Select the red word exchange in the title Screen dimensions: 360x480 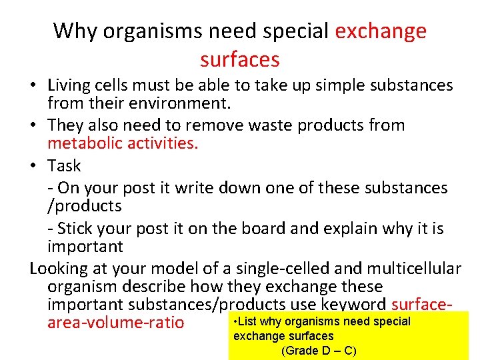(x=381, y=31)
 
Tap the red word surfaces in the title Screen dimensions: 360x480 (x=239, y=59)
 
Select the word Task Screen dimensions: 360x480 (x=64, y=165)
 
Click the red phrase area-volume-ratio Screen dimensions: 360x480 (x=115, y=323)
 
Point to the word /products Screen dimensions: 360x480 (x=84, y=206)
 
